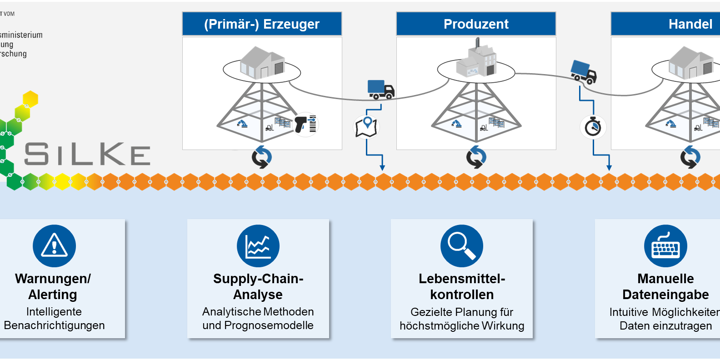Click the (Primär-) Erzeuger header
pos(262,24)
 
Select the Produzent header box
pos(476,24)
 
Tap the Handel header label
pos(690,24)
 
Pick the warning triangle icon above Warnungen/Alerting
pos(54,246)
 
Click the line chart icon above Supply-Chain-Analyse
pos(258,246)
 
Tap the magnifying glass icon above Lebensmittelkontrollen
pos(462,246)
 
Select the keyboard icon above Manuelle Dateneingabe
pos(665,246)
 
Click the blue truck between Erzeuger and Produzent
pos(380,90)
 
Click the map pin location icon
pos(366,126)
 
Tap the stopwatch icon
pos(593,126)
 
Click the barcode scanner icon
pos(305,124)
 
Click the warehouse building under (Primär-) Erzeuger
pos(262,63)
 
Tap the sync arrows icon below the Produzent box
pos(476,157)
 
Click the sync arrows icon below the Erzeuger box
pos(262,157)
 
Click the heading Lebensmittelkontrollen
pos(462,286)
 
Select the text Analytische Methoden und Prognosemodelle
pos(258,318)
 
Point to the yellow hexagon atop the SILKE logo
pos(30,99)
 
